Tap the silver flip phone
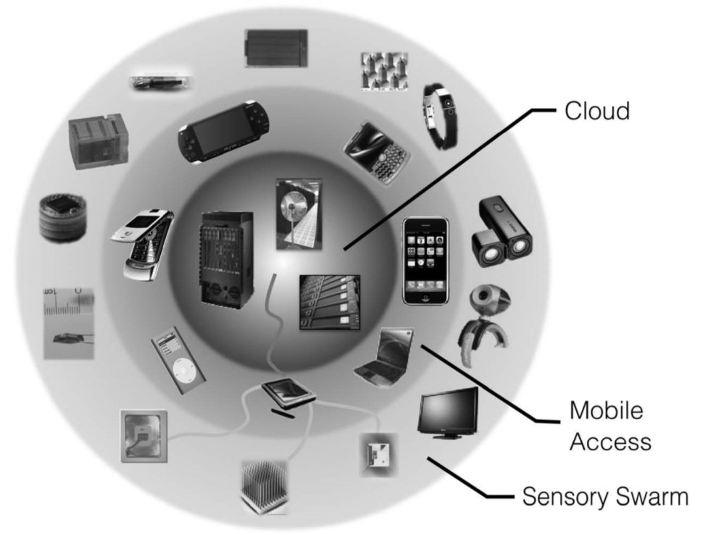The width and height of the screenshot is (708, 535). (144, 243)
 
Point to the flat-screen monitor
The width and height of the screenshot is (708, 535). (449, 411)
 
